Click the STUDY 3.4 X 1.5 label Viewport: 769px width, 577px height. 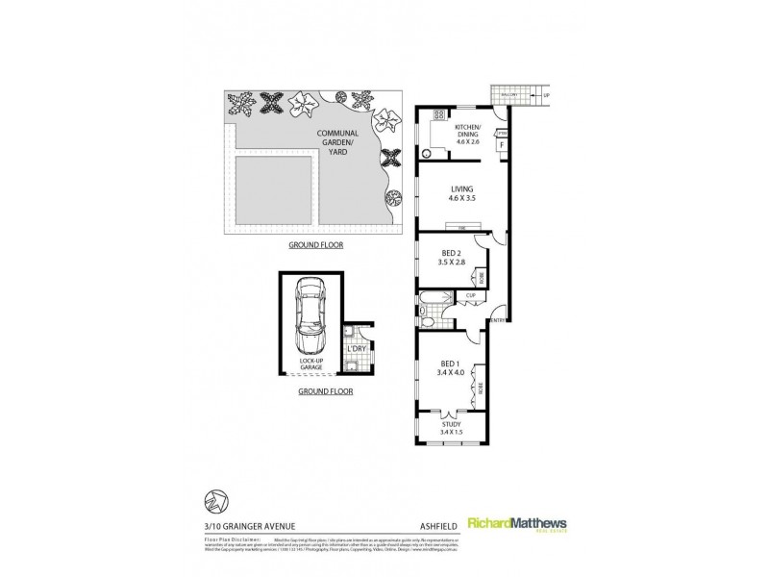(451, 429)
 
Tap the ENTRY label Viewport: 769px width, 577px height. (498, 319)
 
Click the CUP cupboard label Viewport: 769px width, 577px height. (472, 295)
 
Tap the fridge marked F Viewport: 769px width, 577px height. (500, 146)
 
